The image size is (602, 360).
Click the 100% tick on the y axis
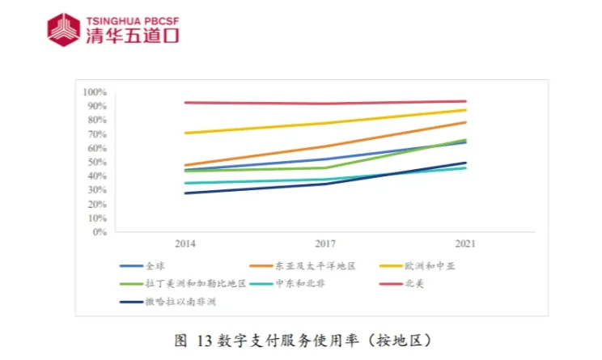tap(95, 92)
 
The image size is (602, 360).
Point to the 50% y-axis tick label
tap(97, 162)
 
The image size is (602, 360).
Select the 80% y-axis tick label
tap(97, 120)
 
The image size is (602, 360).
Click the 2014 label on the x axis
tap(185, 244)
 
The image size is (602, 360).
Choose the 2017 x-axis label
tap(325, 244)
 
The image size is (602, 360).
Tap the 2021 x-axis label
tap(464, 244)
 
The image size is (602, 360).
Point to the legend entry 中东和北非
tap(295, 284)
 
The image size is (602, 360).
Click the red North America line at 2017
tap(325, 104)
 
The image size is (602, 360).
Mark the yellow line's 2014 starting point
tap(185, 133)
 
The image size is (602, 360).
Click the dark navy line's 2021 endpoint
tap(465, 163)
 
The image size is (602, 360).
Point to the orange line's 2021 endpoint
tap(465, 122)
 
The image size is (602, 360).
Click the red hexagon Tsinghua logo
tap(64, 29)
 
